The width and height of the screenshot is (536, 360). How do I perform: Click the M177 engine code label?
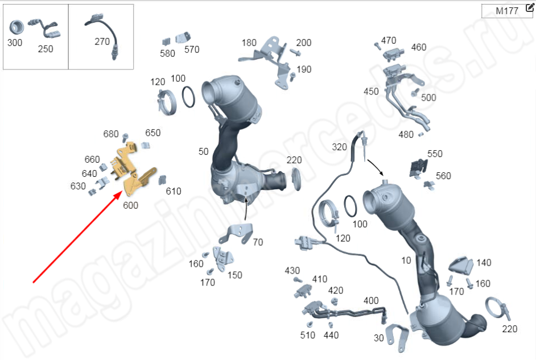pyautogui.click(x=507, y=11)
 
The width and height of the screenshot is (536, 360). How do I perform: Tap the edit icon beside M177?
pyautogui.click(x=530, y=7)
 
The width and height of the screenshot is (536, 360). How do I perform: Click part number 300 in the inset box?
pyautogui.click(x=15, y=43)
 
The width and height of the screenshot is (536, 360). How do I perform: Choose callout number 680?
pyautogui.click(x=111, y=134)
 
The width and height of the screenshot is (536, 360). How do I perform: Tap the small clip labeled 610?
pyautogui.click(x=162, y=180)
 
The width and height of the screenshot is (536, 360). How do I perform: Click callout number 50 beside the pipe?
pyautogui.click(x=203, y=152)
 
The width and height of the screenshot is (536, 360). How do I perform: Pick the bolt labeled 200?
pyautogui.click(x=296, y=52)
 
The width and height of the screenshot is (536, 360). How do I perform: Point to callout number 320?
pyautogui.click(x=340, y=147)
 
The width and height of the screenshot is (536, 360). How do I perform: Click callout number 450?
pyautogui.click(x=371, y=92)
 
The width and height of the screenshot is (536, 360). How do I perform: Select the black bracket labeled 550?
pyautogui.click(x=418, y=168)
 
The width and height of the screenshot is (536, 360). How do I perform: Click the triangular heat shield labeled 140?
pyautogui.click(x=460, y=264)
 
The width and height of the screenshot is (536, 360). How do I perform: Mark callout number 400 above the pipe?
pyautogui.click(x=371, y=301)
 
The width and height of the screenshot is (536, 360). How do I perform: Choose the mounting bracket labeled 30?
pyautogui.click(x=397, y=337)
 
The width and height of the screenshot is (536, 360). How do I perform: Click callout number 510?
pyautogui.click(x=308, y=336)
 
